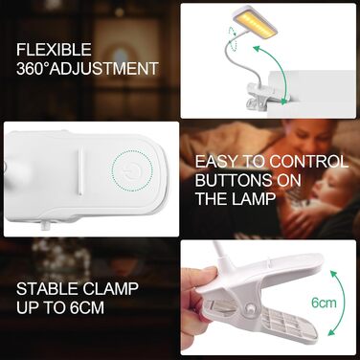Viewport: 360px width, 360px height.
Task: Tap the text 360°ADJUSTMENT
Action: coord(86,69)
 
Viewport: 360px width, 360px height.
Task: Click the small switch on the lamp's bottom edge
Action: coord(44,226)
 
